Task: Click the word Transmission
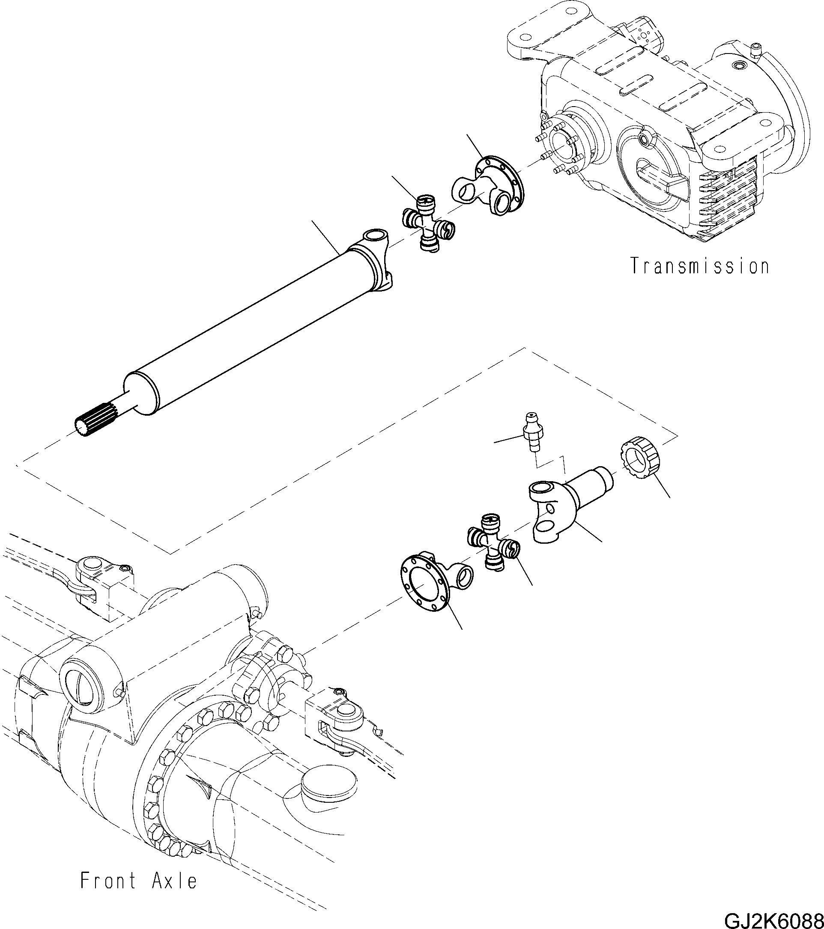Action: (x=699, y=266)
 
